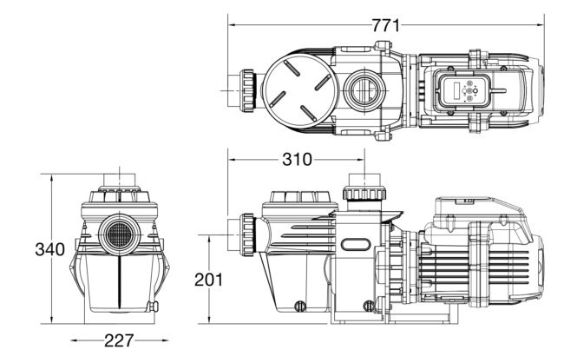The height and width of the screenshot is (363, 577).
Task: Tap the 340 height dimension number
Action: point(49,250)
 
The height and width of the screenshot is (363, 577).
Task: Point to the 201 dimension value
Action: point(209,280)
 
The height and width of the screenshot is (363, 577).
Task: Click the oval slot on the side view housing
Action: point(356,247)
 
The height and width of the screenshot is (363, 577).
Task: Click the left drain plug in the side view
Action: point(302,305)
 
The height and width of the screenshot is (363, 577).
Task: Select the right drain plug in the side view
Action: point(370,305)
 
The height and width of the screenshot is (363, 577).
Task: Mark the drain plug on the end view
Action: point(155,306)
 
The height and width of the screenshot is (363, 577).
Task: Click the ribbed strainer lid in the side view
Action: point(298,201)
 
